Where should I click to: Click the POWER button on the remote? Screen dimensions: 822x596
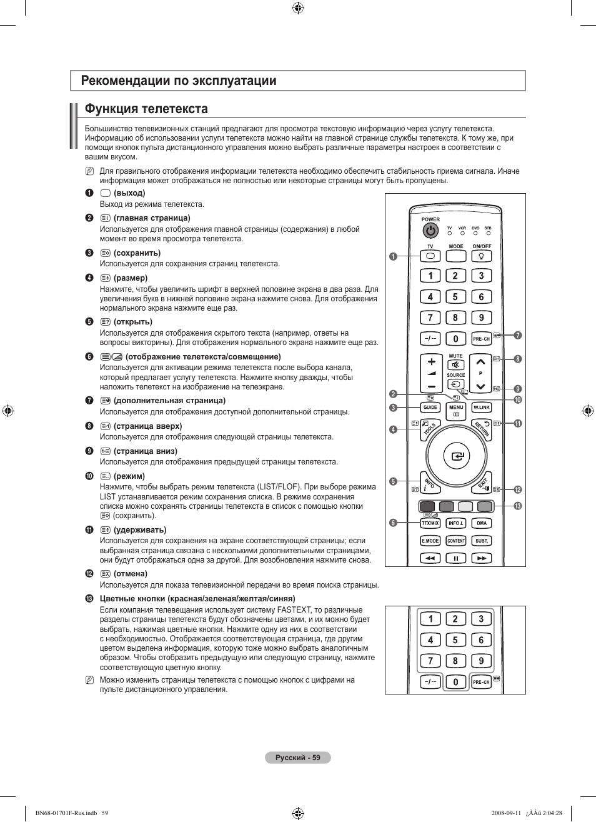click(x=430, y=231)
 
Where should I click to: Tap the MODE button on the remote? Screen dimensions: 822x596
click(x=456, y=256)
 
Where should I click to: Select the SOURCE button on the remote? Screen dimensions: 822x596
click(x=456, y=384)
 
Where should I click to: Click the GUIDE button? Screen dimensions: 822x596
click(x=430, y=408)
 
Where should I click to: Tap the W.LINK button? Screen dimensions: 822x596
click(x=482, y=408)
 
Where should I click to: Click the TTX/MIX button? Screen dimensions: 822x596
click(x=430, y=523)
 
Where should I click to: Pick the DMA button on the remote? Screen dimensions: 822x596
click(x=482, y=523)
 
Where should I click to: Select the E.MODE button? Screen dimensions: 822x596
click(x=430, y=541)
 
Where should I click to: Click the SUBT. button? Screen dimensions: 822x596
click(x=482, y=541)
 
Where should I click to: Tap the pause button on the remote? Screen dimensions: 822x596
click(x=456, y=558)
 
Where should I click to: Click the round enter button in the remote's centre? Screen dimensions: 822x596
click(x=457, y=456)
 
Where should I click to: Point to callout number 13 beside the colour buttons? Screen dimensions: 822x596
click(x=517, y=506)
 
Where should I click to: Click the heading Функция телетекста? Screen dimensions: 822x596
click(x=146, y=109)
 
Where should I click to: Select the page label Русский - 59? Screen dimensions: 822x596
click(x=298, y=758)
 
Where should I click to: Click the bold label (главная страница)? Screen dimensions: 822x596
click(x=152, y=218)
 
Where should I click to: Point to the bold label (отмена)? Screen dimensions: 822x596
click(x=131, y=574)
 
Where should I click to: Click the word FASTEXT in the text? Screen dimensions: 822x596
click(x=295, y=610)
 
